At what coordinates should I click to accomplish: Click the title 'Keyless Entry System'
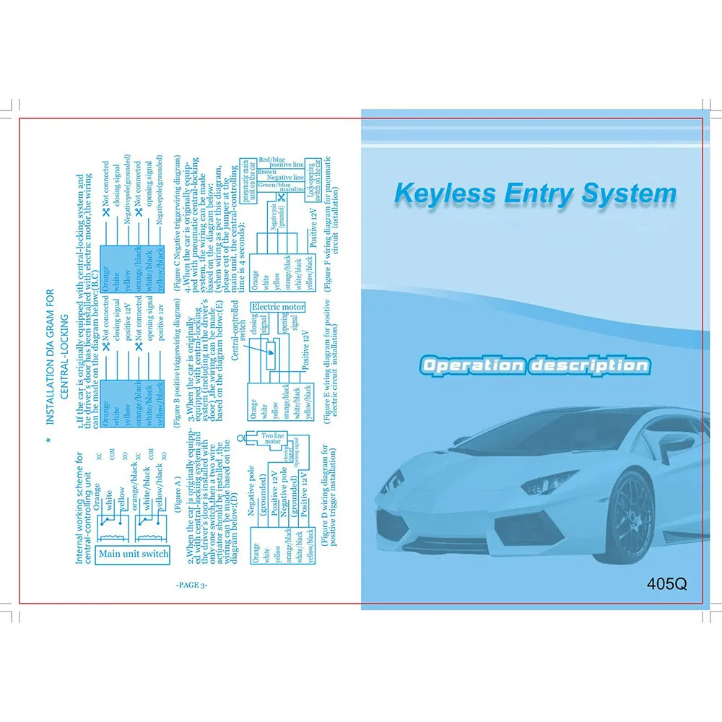pyautogui.click(x=535, y=195)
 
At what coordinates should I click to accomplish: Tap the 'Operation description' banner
pyautogui.click(x=535, y=365)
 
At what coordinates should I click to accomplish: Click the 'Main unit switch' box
pyautogui.click(x=134, y=554)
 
